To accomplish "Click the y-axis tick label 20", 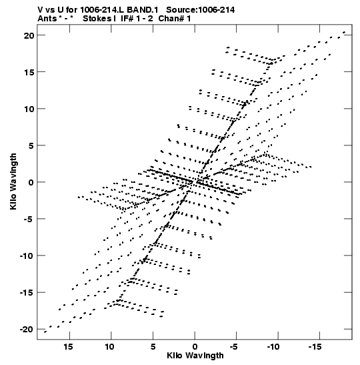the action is click(x=29, y=35).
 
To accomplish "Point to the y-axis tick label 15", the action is click(x=29, y=72).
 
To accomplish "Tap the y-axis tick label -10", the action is click(x=27, y=256).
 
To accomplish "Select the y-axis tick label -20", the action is click(x=27, y=330).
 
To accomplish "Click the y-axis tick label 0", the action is click(x=31, y=182).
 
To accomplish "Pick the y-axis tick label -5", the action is click(x=29, y=219).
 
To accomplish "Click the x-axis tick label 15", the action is click(x=68, y=347).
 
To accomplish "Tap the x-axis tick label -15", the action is click(x=315, y=347).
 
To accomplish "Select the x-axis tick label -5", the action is click(x=233, y=347).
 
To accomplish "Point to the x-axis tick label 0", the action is click(x=195, y=347).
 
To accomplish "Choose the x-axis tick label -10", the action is click(x=273, y=347).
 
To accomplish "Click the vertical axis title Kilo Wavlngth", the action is click(x=13, y=181).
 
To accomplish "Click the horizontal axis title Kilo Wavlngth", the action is click(x=195, y=356).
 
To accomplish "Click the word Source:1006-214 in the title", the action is click(x=200, y=10).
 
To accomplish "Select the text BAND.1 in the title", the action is click(x=142, y=10).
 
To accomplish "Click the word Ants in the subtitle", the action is click(x=47, y=19).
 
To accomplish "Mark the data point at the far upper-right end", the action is click(x=344, y=32).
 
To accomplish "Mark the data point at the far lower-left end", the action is click(x=45, y=332).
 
